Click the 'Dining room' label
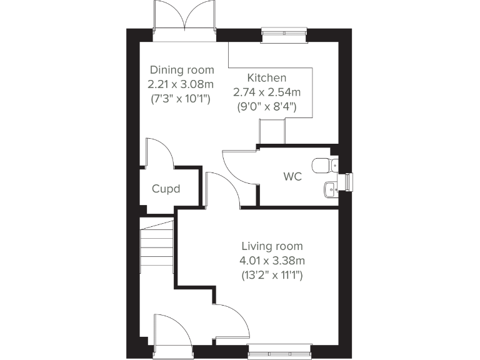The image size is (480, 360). [182, 70]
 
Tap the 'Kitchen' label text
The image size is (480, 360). [267, 78]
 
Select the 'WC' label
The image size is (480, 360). [292, 177]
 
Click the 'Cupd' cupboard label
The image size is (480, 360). [166, 188]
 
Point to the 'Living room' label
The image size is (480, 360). [272, 246]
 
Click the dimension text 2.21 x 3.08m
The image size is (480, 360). [182, 84]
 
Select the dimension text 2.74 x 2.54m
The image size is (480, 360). [267, 92]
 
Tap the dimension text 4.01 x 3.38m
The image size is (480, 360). [272, 260]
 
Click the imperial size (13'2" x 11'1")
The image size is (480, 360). [272, 274]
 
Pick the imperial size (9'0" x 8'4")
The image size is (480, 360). [267, 106]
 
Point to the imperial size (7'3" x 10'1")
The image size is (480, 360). [182, 98]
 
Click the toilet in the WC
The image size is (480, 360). [323, 166]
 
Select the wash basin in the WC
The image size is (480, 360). [330, 188]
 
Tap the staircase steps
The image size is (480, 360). [156, 247]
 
